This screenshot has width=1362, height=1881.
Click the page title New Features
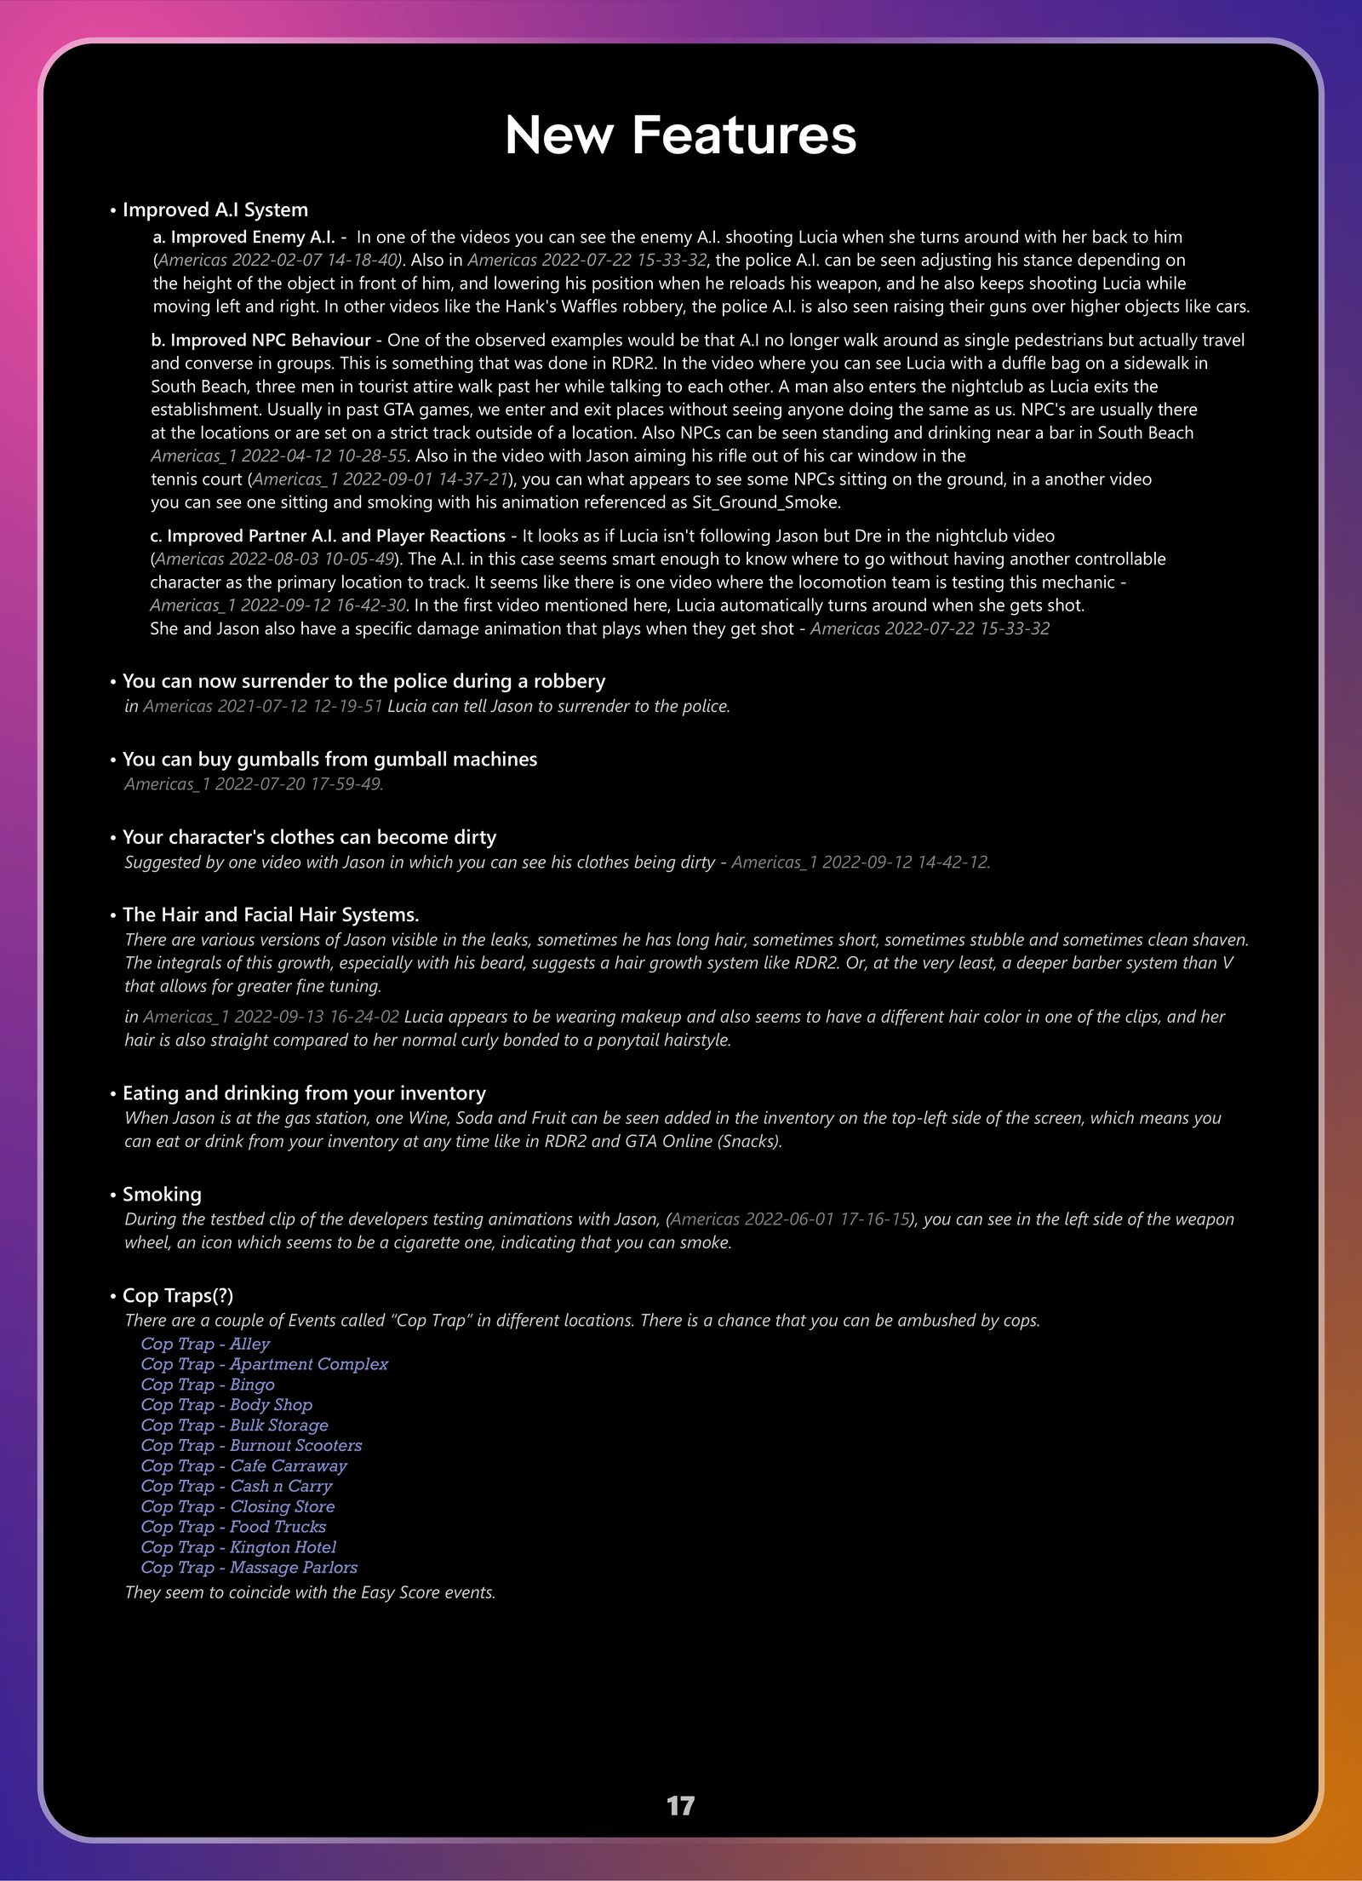[x=680, y=135]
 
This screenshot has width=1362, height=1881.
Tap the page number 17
[x=680, y=1805]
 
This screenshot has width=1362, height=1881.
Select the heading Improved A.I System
[x=215, y=209]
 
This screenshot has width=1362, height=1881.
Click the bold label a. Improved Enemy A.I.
[x=244, y=237]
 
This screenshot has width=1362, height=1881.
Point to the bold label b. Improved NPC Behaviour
[x=260, y=340]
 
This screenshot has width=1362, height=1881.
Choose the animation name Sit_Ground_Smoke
[x=764, y=502]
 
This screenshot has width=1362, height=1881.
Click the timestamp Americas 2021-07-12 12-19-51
[x=262, y=706]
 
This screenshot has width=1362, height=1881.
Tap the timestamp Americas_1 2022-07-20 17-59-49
[x=254, y=783]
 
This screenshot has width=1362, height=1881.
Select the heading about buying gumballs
[x=329, y=759]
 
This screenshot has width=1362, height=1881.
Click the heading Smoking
[x=162, y=1194]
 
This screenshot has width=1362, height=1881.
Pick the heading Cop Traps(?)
[x=177, y=1295]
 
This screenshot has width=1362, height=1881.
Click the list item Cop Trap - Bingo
[x=207, y=1385]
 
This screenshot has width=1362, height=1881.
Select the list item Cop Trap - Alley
[x=204, y=1344]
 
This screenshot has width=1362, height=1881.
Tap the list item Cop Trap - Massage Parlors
[x=249, y=1567]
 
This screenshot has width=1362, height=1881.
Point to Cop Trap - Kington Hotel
[x=238, y=1546]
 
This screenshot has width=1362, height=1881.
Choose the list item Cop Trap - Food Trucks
[x=233, y=1526]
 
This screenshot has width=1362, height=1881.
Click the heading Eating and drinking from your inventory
[x=304, y=1092]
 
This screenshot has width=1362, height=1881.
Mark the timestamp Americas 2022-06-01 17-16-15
[x=789, y=1219]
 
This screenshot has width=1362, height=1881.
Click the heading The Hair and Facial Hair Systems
[x=271, y=915]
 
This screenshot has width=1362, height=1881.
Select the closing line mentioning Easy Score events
[x=310, y=1591]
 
